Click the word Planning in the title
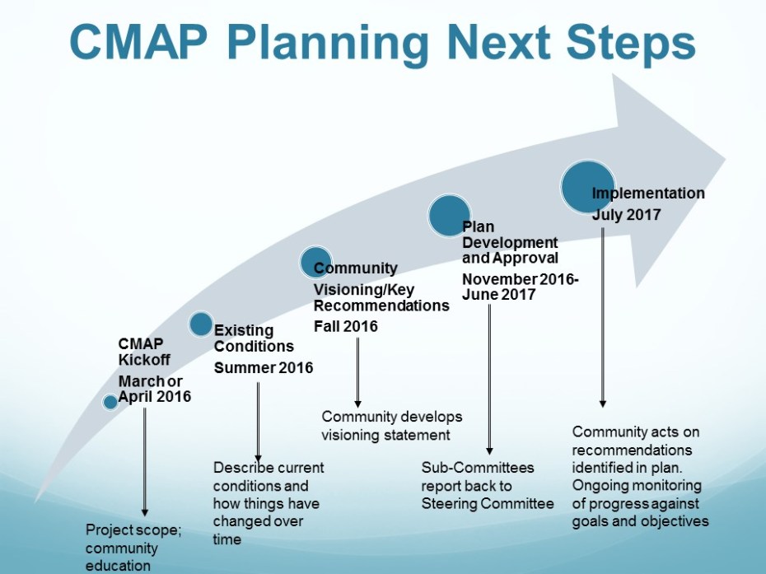328,44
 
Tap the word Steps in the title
631,43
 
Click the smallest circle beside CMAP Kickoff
110,402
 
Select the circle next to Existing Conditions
201,324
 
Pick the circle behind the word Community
315,263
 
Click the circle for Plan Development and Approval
450,216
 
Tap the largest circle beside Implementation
588,187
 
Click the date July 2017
627,215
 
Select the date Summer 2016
264,367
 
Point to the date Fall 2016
346,326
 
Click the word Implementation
648,194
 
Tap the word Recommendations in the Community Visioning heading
381,306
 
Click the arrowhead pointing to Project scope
145,512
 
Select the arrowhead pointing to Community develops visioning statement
357,404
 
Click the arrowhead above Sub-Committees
489,451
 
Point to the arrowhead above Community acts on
602,404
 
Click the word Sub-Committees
478,468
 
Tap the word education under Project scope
118,566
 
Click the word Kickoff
144,360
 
